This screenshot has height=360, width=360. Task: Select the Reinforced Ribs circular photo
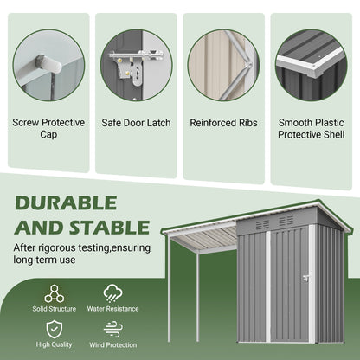tap(223, 65)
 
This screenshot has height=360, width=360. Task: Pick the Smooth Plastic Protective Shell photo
tap(312, 65)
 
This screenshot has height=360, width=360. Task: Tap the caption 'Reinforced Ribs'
tap(223, 123)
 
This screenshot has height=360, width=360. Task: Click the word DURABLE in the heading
tap(65, 203)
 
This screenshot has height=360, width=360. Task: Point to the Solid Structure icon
tap(55, 293)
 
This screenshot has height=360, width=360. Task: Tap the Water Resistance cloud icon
tap(112, 293)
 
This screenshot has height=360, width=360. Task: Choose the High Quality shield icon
tap(55, 330)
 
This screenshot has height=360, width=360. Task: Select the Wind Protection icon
tap(112, 330)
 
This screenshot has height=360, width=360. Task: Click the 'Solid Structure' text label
tap(55, 309)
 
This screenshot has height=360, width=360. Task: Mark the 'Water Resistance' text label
tap(112, 309)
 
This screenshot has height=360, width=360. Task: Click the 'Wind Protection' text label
tap(112, 345)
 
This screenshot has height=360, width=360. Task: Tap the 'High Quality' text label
tap(55, 345)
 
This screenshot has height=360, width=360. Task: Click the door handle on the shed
tap(305, 277)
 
